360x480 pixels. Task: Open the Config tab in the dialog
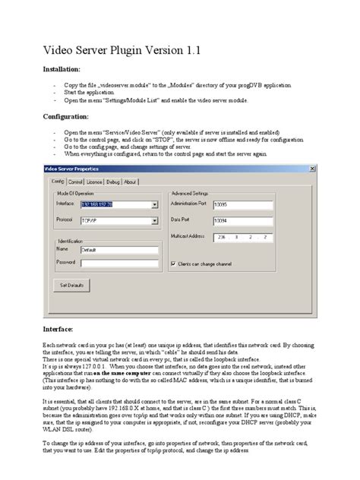click(x=58, y=182)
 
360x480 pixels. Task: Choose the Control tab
click(x=76, y=182)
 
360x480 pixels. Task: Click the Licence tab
click(x=95, y=182)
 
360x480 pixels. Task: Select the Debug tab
click(x=113, y=182)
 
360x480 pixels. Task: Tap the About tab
click(x=131, y=182)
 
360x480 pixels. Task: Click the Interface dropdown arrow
click(x=154, y=204)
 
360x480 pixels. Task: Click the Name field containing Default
click(x=118, y=248)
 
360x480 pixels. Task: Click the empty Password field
click(x=118, y=263)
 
